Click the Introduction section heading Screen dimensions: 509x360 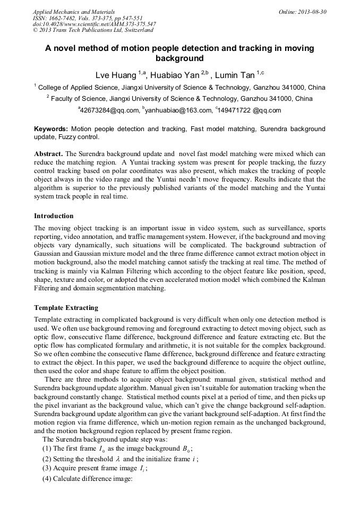pos(54,216)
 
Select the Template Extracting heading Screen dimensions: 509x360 pos(66,307)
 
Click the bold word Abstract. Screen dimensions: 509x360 pos(48,153)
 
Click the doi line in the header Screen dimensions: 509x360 pos(94,24)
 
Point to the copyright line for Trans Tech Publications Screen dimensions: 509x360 pos(93,30)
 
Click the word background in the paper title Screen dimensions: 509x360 pos(179,58)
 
